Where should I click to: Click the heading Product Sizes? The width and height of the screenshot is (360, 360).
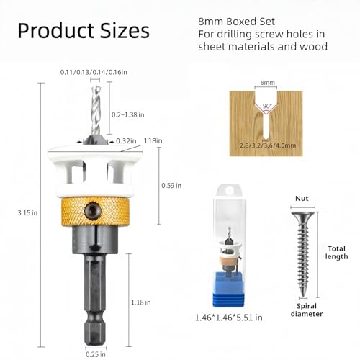[84, 31]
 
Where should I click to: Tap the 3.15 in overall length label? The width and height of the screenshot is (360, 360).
[27, 213]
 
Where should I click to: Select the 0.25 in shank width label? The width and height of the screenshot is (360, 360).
[96, 354]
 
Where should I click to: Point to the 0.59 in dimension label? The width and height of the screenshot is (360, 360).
[171, 186]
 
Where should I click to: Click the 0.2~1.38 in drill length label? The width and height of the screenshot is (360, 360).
[128, 114]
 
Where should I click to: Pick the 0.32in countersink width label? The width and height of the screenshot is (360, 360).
[126, 141]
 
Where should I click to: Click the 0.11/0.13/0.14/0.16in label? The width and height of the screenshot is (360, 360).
[94, 72]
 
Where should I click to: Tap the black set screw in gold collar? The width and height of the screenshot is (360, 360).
[93, 211]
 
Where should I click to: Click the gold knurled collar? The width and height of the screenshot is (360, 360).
[96, 211]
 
